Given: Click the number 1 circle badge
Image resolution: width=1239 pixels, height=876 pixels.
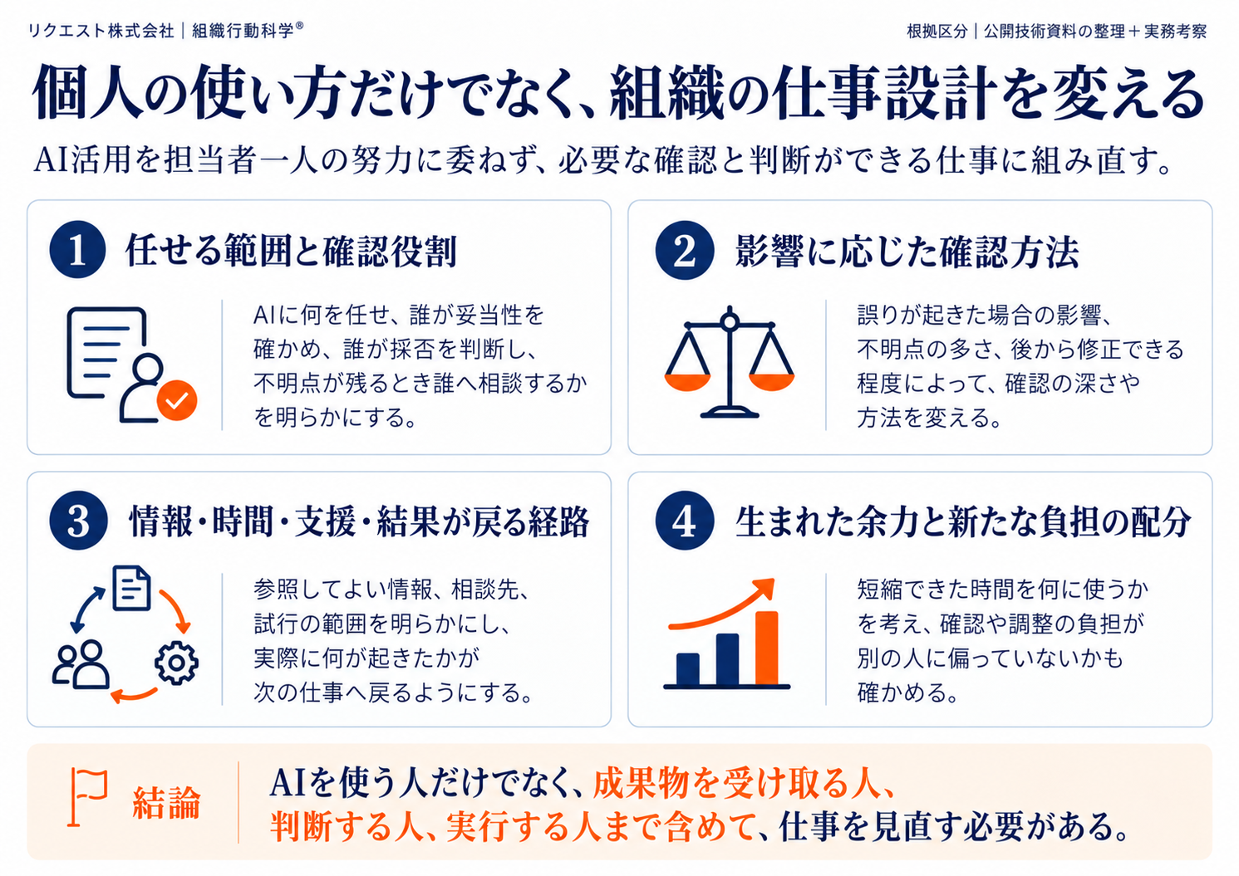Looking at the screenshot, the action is click(x=77, y=250).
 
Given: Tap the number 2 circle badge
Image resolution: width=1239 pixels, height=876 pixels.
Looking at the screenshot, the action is click(x=684, y=250).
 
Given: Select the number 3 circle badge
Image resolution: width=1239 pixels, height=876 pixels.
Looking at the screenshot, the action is click(x=77, y=521).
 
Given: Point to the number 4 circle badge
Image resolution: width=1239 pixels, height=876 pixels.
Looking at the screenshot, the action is click(x=684, y=521).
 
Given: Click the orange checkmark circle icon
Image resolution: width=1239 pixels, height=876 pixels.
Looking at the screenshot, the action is click(x=177, y=400).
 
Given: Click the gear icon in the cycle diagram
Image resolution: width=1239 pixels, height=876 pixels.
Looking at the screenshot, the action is click(x=176, y=663).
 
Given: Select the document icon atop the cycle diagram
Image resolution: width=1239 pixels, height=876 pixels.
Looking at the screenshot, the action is click(x=131, y=588).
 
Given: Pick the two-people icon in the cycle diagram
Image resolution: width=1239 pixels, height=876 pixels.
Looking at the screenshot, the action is click(x=81, y=664).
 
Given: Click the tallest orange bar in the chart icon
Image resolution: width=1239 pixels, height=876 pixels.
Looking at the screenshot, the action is click(x=767, y=648).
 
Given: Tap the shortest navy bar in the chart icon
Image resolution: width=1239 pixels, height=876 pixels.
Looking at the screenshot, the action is click(x=687, y=669).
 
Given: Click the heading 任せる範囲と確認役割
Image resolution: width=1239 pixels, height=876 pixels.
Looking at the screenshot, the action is click(x=291, y=252).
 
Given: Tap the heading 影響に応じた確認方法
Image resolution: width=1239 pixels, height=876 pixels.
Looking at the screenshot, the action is click(x=907, y=252).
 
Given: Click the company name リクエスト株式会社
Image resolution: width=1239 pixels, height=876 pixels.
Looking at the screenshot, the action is click(x=101, y=31).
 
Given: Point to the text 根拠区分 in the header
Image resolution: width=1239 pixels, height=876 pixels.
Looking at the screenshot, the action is click(x=937, y=31).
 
